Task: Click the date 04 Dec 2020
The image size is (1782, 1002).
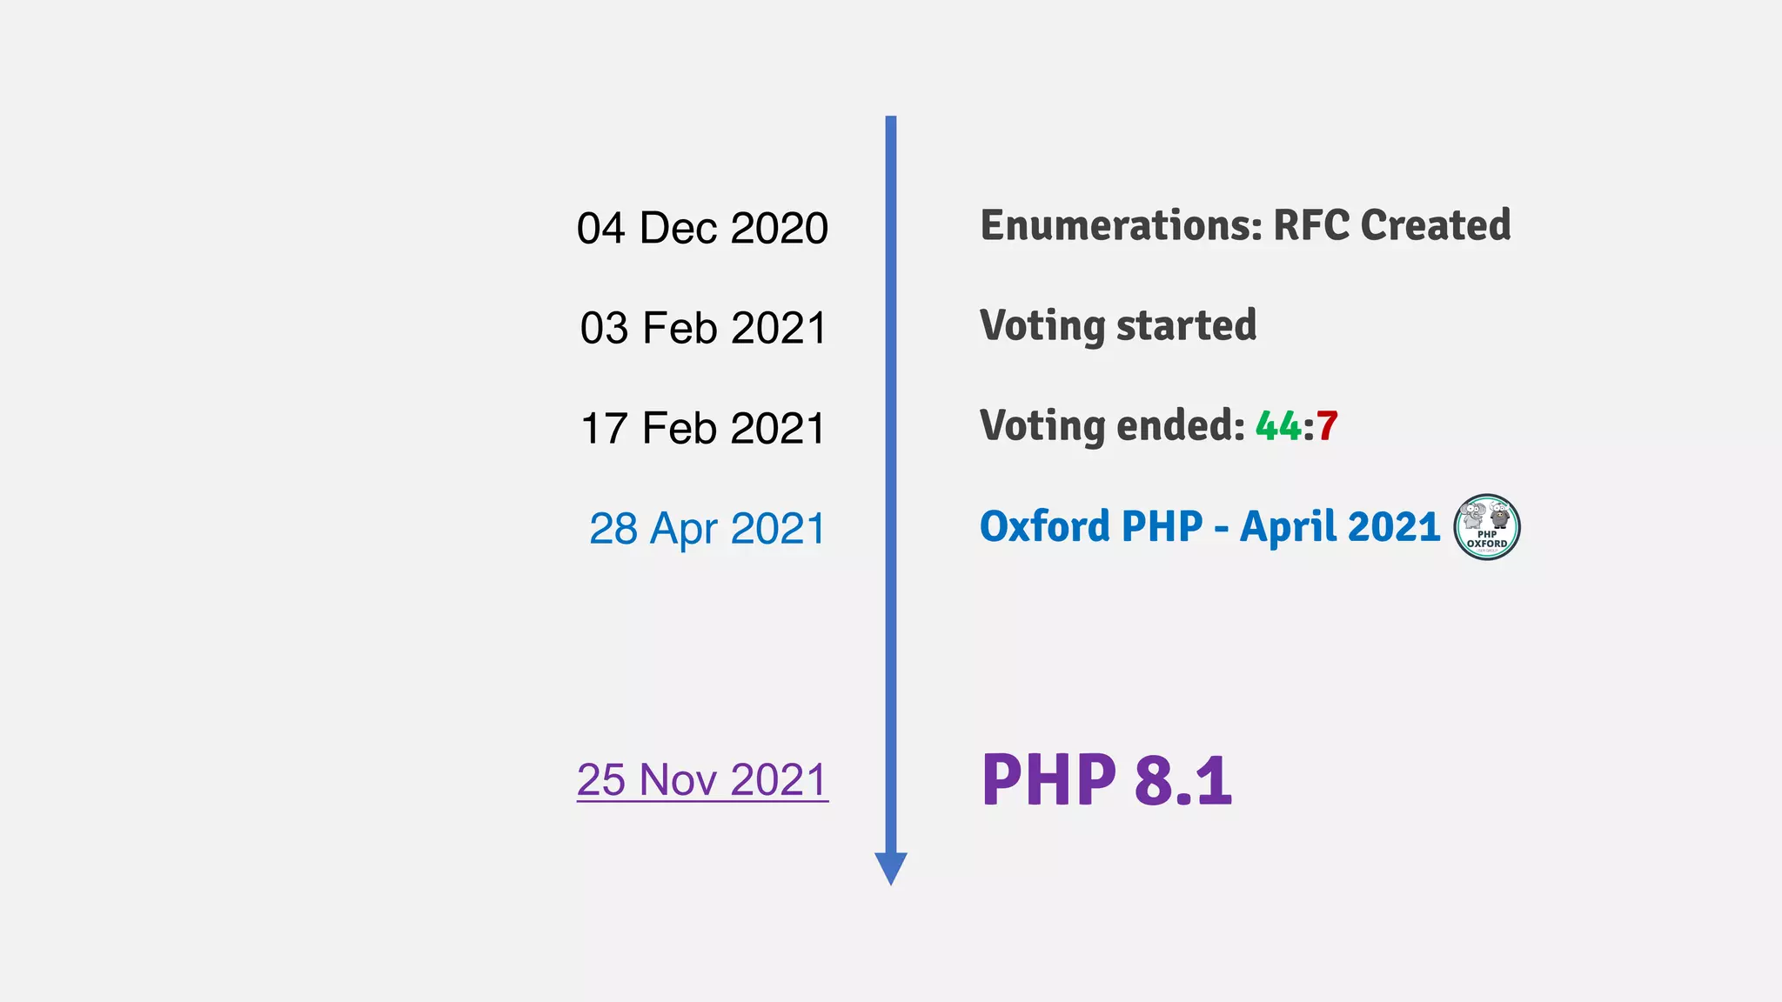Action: point(702,228)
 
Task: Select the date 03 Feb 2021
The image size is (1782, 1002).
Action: point(702,329)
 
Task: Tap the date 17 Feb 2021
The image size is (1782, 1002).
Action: point(702,429)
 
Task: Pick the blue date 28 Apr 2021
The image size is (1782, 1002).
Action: point(707,529)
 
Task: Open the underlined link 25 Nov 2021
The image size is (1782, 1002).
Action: point(702,779)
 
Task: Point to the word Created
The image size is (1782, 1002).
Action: point(1435,225)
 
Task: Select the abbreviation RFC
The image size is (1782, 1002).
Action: point(1311,225)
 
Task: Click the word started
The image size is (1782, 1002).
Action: point(1186,326)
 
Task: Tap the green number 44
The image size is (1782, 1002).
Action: point(1278,426)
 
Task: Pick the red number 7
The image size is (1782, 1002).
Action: point(1327,426)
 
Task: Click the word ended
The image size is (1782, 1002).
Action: point(1181,426)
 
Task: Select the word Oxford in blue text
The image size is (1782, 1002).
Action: point(1044,526)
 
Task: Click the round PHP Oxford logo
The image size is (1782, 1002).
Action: point(1486,527)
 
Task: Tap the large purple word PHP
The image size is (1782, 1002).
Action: point(1048,780)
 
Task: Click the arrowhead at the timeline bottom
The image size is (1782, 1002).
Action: point(891,867)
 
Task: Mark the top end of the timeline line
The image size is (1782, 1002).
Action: point(891,119)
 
